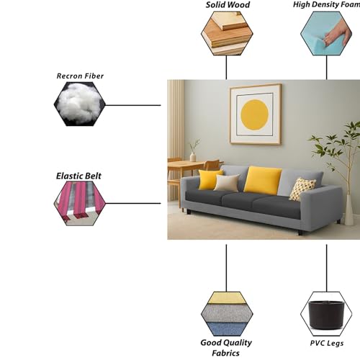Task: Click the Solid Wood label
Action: pyautogui.click(x=228, y=5)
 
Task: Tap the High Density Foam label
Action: pyautogui.click(x=326, y=4)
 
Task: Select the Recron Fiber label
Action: pyautogui.click(x=80, y=76)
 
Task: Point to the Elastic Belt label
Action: pyautogui.click(x=78, y=176)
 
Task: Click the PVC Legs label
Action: pyautogui.click(x=327, y=343)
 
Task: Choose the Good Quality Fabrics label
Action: pyautogui.click(x=226, y=348)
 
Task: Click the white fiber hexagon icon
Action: pyautogui.click(x=80, y=104)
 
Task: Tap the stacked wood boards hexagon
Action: pyautogui.click(x=227, y=33)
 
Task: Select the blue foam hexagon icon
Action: pyautogui.click(x=326, y=33)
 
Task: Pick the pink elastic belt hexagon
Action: pyautogui.click(x=80, y=203)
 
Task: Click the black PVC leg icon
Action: pyautogui.click(x=326, y=315)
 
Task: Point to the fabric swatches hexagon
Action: pyautogui.click(x=227, y=314)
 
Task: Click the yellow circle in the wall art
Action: pyautogui.click(x=254, y=114)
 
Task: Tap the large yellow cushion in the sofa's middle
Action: pyautogui.click(x=263, y=180)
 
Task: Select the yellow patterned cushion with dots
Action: pyautogui.click(x=302, y=189)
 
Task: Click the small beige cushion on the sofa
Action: pyautogui.click(x=227, y=183)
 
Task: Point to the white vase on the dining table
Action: pyautogui.click(x=193, y=156)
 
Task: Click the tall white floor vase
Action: pyautogui.click(x=348, y=210)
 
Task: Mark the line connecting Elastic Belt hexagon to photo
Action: pyautogui.click(x=133, y=203)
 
